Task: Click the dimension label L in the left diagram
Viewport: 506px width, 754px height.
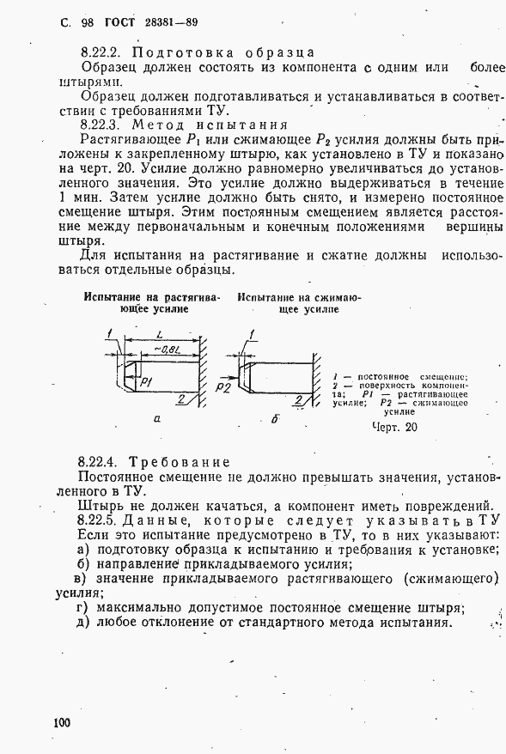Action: [x=161, y=332]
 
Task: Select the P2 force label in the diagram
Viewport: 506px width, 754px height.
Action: [x=223, y=388]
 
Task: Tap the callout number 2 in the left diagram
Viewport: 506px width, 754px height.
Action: [x=182, y=398]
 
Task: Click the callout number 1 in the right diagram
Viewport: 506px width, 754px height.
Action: [x=250, y=332]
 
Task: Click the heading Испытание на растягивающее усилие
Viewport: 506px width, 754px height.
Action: [x=152, y=303]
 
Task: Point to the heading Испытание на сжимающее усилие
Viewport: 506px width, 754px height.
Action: [x=299, y=303]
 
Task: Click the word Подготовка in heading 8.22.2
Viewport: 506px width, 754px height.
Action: [x=168, y=53]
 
